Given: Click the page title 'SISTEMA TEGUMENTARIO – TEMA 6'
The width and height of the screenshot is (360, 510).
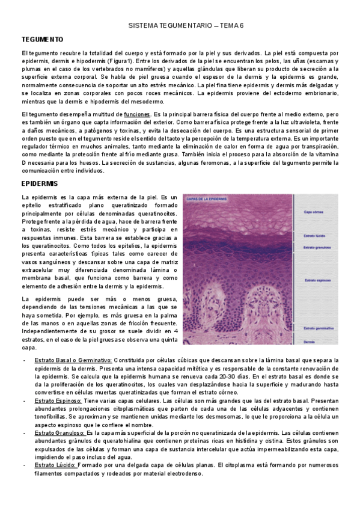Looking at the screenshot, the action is click(186, 26).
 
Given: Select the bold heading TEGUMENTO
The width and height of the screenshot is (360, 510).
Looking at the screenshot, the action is click(42, 40).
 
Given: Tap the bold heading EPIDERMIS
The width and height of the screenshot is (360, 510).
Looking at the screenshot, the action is click(40, 183).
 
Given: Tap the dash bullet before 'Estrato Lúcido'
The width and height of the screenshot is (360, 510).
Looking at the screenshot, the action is click(23, 465).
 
